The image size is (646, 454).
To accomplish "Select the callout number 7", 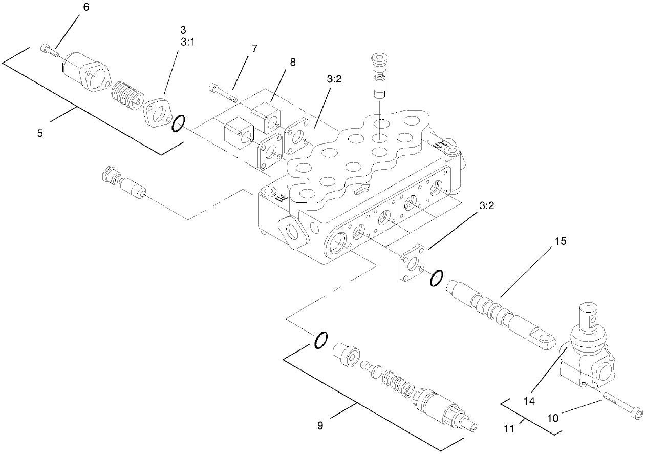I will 254,49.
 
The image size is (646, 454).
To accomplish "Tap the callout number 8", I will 293,63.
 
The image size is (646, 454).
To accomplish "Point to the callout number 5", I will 40,133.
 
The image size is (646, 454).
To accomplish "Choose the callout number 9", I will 320,425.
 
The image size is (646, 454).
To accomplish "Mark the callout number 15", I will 561,241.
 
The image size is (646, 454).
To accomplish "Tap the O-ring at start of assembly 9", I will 320,340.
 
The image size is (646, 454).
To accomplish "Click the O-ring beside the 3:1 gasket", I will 178,123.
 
